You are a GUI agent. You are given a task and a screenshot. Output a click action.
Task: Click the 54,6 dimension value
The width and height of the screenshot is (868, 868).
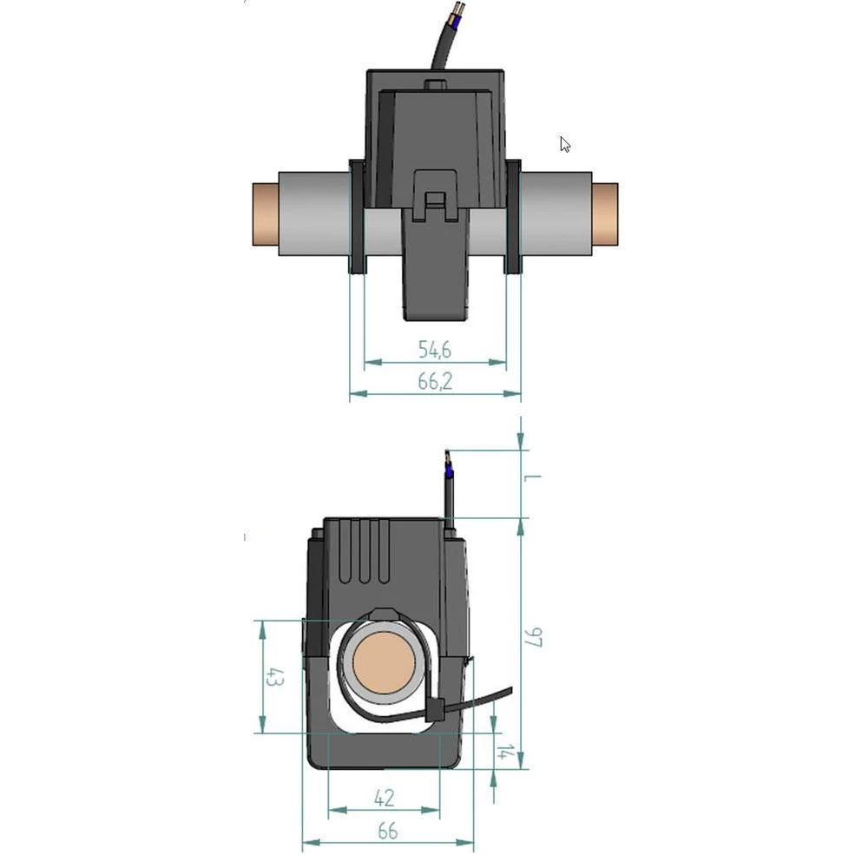pyautogui.click(x=435, y=350)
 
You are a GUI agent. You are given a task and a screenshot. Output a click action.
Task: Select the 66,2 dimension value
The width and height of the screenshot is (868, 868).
pyautogui.click(x=435, y=381)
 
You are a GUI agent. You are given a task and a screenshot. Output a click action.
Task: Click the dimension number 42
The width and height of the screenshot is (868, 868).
pyautogui.click(x=383, y=797)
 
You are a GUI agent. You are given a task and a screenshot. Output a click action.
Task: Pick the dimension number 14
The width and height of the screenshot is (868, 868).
pyautogui.click(x=503, y=752)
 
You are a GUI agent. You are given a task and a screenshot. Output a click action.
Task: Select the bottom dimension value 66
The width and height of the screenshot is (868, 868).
pyautogui.click(x=387, y=831)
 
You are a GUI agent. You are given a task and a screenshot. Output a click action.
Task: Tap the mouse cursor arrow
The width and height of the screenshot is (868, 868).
pyautogui.click(x=564, y=144)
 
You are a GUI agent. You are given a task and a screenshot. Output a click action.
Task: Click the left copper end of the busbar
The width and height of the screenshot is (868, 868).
pyautogui.click(x=264, y=214)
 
